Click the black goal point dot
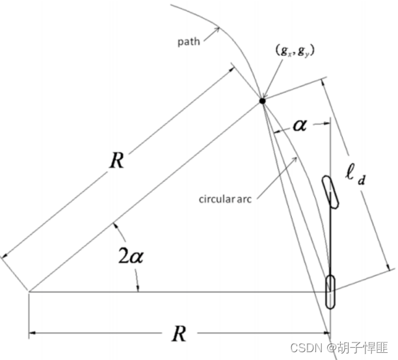click(262, 101)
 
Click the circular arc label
click(225, 198)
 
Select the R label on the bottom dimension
click(179, 334)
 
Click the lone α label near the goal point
click(299, 125)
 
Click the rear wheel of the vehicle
click(330, 291)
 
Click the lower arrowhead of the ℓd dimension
click(389, 266)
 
